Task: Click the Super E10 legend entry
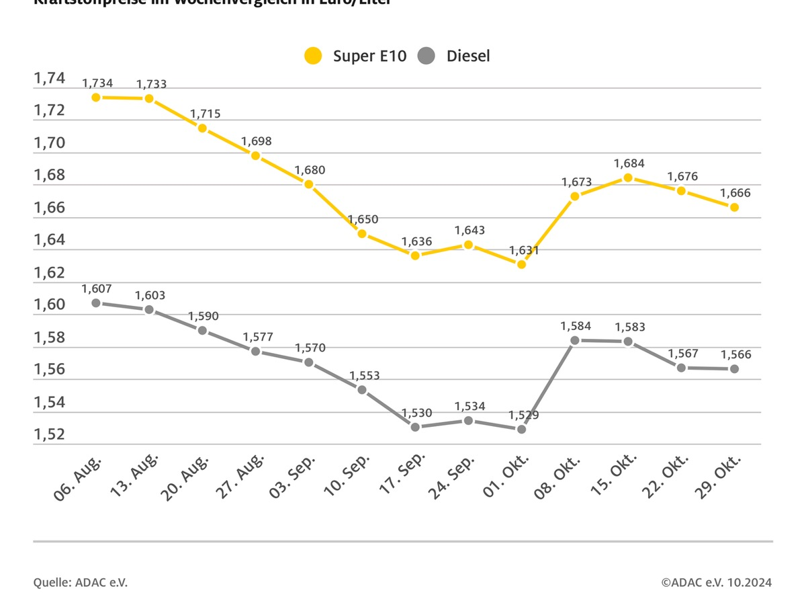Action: click(x=356, y=56)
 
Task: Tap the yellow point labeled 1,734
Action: click(x=96, y=97)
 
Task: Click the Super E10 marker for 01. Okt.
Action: click(x=521, y=264)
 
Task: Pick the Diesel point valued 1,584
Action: click(x=575, y=340)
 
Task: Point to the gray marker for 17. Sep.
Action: click(x=415, y=427)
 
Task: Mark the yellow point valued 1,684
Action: click(x=628, y=177)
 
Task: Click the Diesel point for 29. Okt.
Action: click(x=734, y=368)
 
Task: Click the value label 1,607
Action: click(x=96, y=288)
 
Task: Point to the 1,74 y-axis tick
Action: click(x=50, y=79)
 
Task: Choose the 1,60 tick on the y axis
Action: click(x=50, y=305)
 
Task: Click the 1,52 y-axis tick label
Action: click(x=50, y=435)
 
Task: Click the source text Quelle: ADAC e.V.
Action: click(x=80, y=582)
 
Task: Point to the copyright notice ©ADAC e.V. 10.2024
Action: click(x=716, y=582)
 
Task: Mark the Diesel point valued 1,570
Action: click(x=309, y=362)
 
